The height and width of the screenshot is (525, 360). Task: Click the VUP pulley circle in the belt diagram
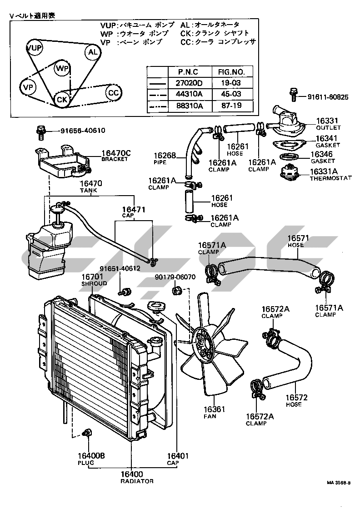tap(34, 47)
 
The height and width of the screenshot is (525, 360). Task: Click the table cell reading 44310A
tap(189, 94)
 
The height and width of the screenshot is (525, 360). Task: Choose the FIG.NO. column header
tap(231, 72)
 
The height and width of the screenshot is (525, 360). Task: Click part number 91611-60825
tap(328, 97)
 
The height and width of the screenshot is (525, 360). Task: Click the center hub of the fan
tap(203, 342)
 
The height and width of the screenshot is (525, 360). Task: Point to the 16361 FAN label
tap(214, 413)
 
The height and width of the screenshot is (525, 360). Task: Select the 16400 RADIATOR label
tap(137, 477)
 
